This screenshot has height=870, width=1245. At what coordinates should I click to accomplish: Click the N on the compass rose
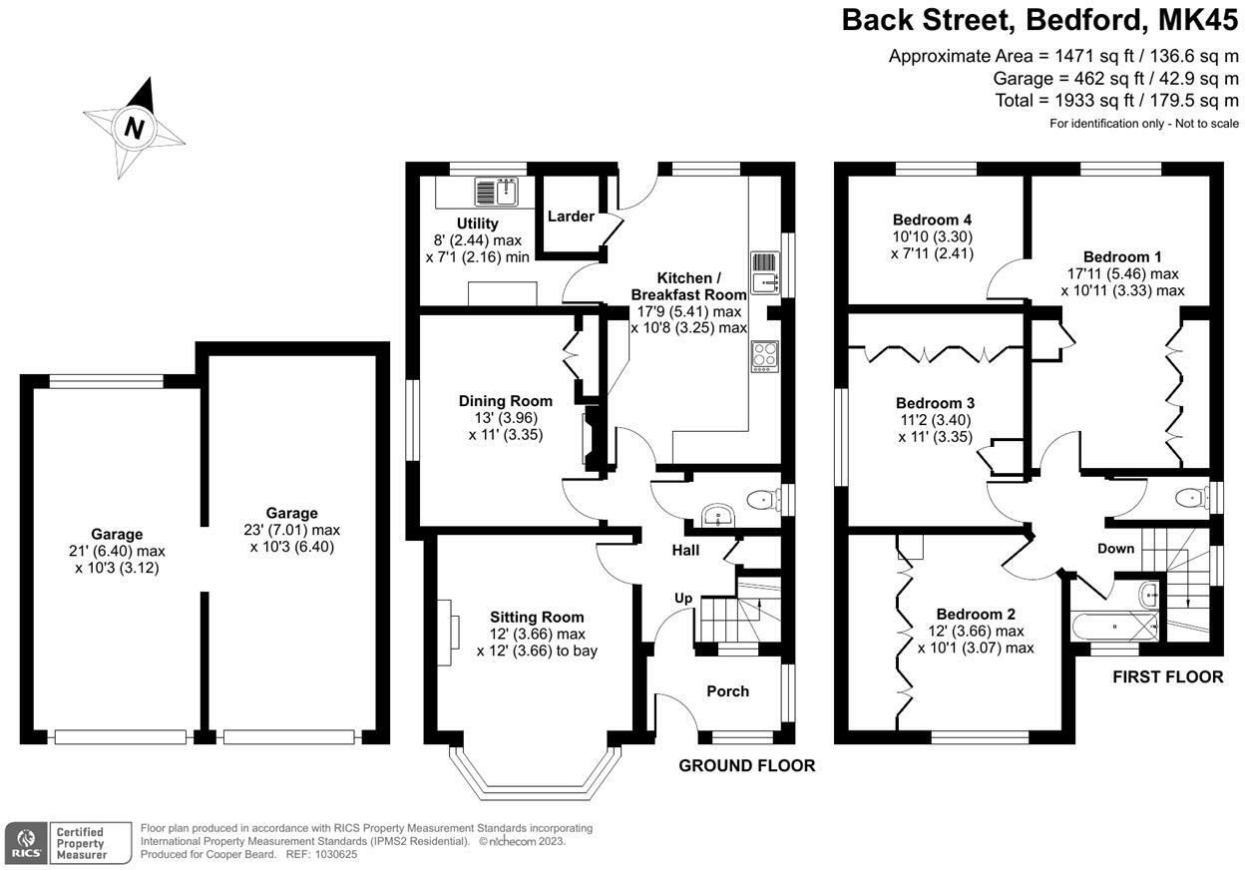(x=134, y=129)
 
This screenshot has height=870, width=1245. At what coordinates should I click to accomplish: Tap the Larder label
(x=571, y=217)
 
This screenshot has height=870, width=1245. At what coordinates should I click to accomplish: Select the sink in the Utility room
(x=497, y=192)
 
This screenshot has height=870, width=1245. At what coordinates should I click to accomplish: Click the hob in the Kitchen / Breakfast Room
(x=765, y=356)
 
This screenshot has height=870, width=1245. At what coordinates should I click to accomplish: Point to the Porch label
(x=727, y=691)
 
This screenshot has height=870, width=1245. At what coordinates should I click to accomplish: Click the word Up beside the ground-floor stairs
(x=683, y=599)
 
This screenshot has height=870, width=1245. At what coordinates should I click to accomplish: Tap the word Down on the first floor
(x=1115, y=549)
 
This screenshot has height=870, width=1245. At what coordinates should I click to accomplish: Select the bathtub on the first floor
(x=1115, y=627)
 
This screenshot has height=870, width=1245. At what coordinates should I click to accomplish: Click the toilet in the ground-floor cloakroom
(x=764, y=500)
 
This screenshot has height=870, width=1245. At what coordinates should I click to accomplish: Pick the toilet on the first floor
(x=1192, y=497)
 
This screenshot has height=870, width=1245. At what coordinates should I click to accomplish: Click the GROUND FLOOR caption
(x=746, y=765)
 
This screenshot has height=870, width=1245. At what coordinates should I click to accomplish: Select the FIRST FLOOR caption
(x=1168, y=676)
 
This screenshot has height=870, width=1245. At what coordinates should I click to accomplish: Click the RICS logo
(x=26, y=842)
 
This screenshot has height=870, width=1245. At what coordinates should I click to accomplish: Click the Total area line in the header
(x=1116, y=101)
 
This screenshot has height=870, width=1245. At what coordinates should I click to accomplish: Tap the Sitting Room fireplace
(x=448, y=633)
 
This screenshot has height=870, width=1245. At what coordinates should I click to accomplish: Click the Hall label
(x=685, y=551)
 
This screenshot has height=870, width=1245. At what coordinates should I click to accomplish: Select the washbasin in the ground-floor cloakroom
(x=718, y=515)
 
